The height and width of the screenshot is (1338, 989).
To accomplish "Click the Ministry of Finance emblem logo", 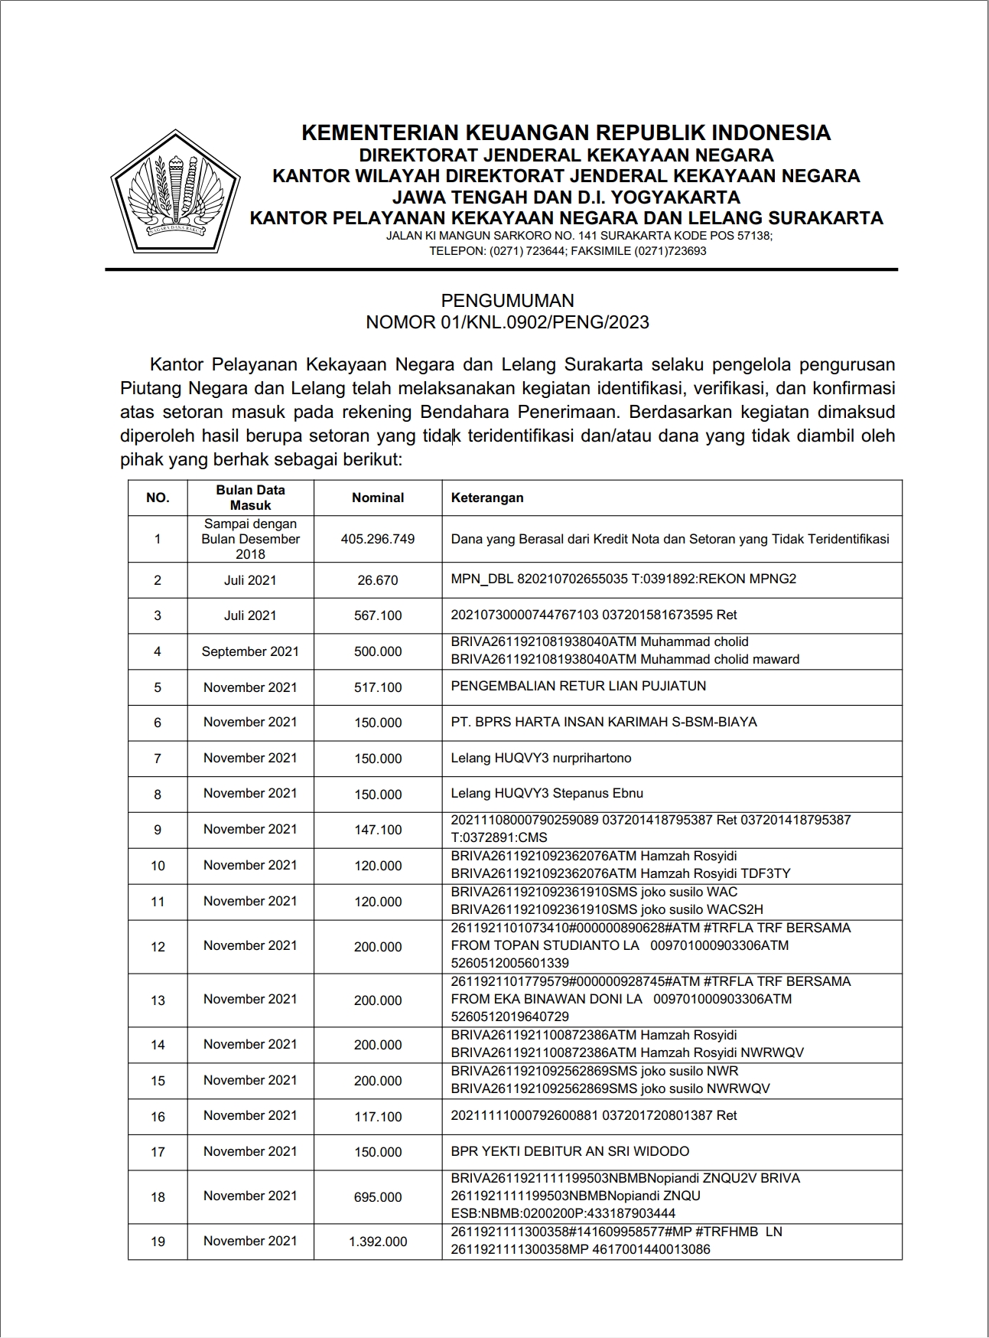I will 174,191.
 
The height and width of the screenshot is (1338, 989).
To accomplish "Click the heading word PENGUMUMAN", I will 507,301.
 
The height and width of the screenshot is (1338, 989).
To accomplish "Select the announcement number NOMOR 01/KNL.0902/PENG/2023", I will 507,322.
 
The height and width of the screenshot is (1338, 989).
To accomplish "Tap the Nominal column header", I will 378,498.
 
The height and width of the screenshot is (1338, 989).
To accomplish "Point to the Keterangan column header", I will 487,498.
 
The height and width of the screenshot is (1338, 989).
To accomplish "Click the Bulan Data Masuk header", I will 250,498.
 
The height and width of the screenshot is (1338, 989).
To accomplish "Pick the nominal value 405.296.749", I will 378,539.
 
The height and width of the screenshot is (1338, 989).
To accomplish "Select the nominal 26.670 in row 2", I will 378,580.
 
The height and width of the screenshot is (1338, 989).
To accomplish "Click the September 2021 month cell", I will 250,651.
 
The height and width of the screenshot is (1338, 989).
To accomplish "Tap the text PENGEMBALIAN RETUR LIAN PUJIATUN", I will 578,686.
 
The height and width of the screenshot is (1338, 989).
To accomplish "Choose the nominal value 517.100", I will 378,687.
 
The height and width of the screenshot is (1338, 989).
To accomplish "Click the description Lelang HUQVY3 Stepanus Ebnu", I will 547,793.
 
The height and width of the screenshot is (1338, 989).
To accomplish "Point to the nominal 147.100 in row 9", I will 378,830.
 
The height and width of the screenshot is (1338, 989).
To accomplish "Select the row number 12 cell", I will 158,947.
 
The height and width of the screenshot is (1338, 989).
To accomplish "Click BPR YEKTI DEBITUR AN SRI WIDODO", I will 570,1151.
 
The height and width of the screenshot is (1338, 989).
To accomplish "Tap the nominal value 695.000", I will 378,1197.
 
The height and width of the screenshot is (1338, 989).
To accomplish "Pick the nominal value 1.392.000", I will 378,1242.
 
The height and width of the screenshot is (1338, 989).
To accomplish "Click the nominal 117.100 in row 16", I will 378,1117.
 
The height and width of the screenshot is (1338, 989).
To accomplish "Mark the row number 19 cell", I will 158,1242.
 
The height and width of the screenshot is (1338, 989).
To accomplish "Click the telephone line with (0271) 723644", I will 568,251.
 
